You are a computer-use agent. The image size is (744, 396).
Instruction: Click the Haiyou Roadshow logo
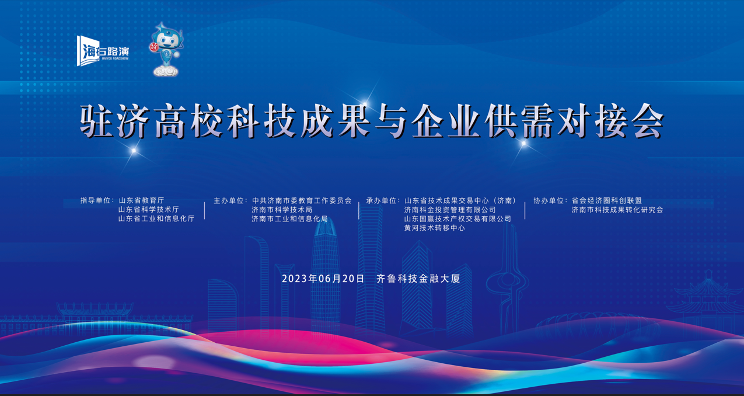tap(103, 51)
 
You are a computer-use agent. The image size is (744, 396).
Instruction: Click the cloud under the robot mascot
tap(166, 71)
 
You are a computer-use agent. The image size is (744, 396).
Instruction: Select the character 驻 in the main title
tap(96, 121)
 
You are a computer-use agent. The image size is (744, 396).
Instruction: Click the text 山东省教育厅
tap(141, 200)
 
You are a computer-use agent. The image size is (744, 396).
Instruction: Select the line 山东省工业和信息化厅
tap(156, 218)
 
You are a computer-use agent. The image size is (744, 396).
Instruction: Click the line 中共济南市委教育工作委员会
tap(302, 200)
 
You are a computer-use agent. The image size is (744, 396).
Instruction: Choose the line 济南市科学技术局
tap(282, 210)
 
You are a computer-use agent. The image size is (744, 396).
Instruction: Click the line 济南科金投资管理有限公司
tap(450, 210)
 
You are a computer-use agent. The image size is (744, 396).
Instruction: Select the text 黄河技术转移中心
tap(435, 228)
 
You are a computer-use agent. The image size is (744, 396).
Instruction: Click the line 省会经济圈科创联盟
tap(606, 200)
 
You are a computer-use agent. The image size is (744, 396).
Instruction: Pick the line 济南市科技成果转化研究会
tap(617, 210)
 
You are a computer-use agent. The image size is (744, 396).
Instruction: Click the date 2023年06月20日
tap(323, 278)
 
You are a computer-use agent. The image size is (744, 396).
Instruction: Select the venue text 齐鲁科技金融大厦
tap(418, 278)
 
